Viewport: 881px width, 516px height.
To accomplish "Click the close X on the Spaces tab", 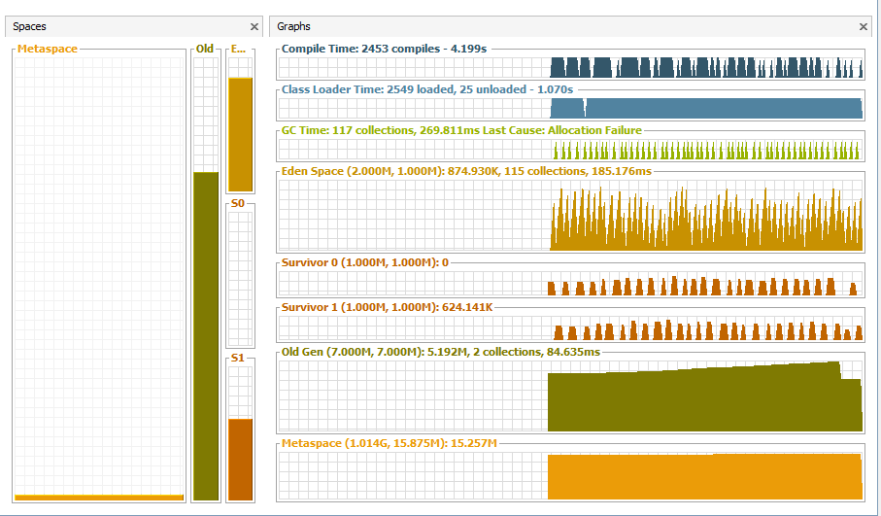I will (x=254, y=27).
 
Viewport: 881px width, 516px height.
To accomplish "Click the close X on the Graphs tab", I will (x=864, y=27).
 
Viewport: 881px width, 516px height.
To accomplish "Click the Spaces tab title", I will (x=30, y=27).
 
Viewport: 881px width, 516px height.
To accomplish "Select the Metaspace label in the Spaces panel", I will (x=48, y=49).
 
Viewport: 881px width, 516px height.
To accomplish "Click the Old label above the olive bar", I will (x=205, y=49).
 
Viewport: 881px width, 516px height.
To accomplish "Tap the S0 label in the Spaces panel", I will (x=238, y=204).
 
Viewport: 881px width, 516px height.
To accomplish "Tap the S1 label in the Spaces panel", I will (x=238, y=360).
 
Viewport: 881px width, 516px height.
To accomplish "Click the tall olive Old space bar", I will (x=206, y=335).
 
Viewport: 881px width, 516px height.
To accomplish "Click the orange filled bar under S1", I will (x=240, y=459).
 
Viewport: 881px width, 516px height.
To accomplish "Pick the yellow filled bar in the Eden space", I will (x=240, y=134).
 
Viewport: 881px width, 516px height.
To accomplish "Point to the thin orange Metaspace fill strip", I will (x=99, y=498).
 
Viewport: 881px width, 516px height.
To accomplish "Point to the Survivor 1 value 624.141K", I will (x=467, y=307).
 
